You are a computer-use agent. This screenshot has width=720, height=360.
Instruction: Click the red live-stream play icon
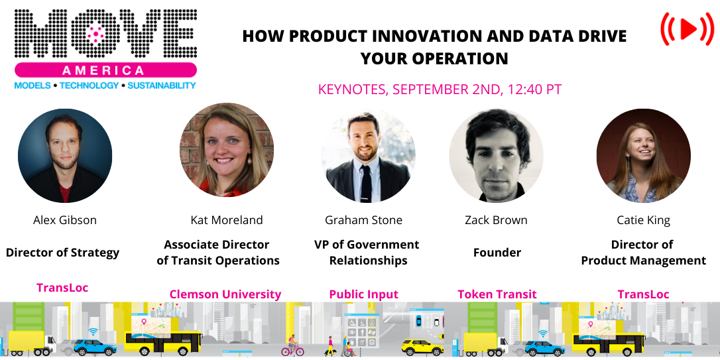coord(688,29)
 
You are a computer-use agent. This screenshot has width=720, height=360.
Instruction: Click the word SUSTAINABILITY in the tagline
coord(162,86)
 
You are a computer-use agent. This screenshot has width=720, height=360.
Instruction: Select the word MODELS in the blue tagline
coord(32,86)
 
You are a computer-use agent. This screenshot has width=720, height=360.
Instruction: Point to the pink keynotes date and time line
coord(440,89)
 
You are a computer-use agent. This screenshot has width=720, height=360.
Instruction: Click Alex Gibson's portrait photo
coord(65,156)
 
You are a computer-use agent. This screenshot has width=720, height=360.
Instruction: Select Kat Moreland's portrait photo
coord(227,150)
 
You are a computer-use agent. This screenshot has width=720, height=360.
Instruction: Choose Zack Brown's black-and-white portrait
coord(496,155)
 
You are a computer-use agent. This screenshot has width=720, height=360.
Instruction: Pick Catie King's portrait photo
coord(643,155)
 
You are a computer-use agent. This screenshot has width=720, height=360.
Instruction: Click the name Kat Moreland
coord(227,220)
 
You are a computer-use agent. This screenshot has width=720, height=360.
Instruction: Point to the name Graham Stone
coord(363,220)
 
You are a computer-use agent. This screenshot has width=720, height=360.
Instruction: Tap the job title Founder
coord(497,253)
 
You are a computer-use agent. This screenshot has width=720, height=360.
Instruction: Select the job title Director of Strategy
coord(62,253)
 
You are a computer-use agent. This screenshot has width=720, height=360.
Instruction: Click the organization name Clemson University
coord(225,294)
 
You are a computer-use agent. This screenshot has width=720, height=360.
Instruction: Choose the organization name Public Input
coord(364,294)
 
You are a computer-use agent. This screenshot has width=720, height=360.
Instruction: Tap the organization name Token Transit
coord(497,294)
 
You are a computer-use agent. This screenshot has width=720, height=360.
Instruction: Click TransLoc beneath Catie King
coord(643,294)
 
